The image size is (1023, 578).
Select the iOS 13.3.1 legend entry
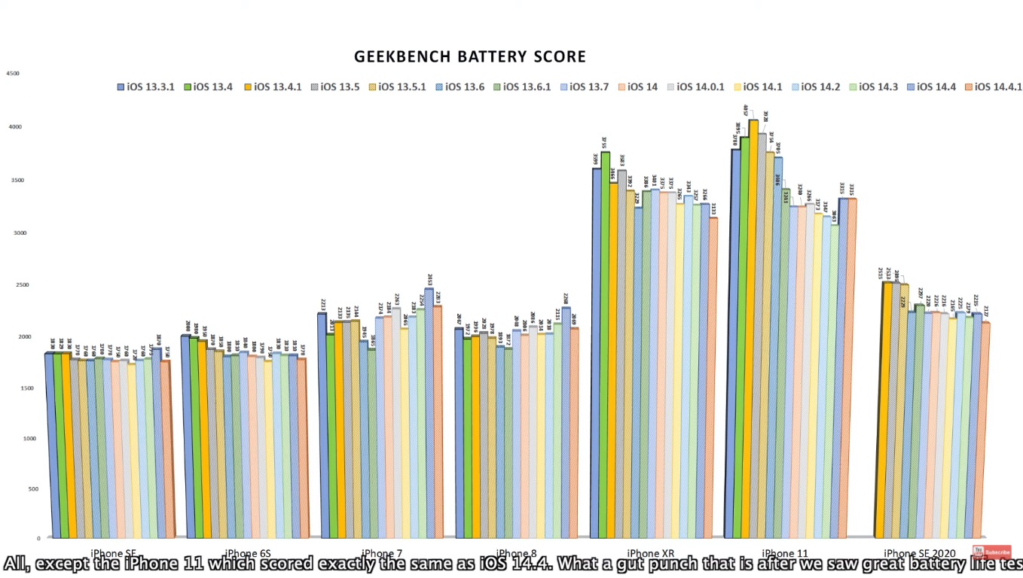[146, 87]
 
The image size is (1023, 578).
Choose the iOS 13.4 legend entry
[207, 87]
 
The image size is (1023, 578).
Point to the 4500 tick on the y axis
[13, 74]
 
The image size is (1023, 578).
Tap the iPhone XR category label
[649, 553]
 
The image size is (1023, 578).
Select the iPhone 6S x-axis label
[244, 553]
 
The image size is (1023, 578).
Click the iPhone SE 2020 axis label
[919, 553]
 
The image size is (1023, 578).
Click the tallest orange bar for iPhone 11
[753, 331]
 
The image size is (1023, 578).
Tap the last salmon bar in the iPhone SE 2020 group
[985, 429]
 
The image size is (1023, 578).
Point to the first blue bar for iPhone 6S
[185, 437]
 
